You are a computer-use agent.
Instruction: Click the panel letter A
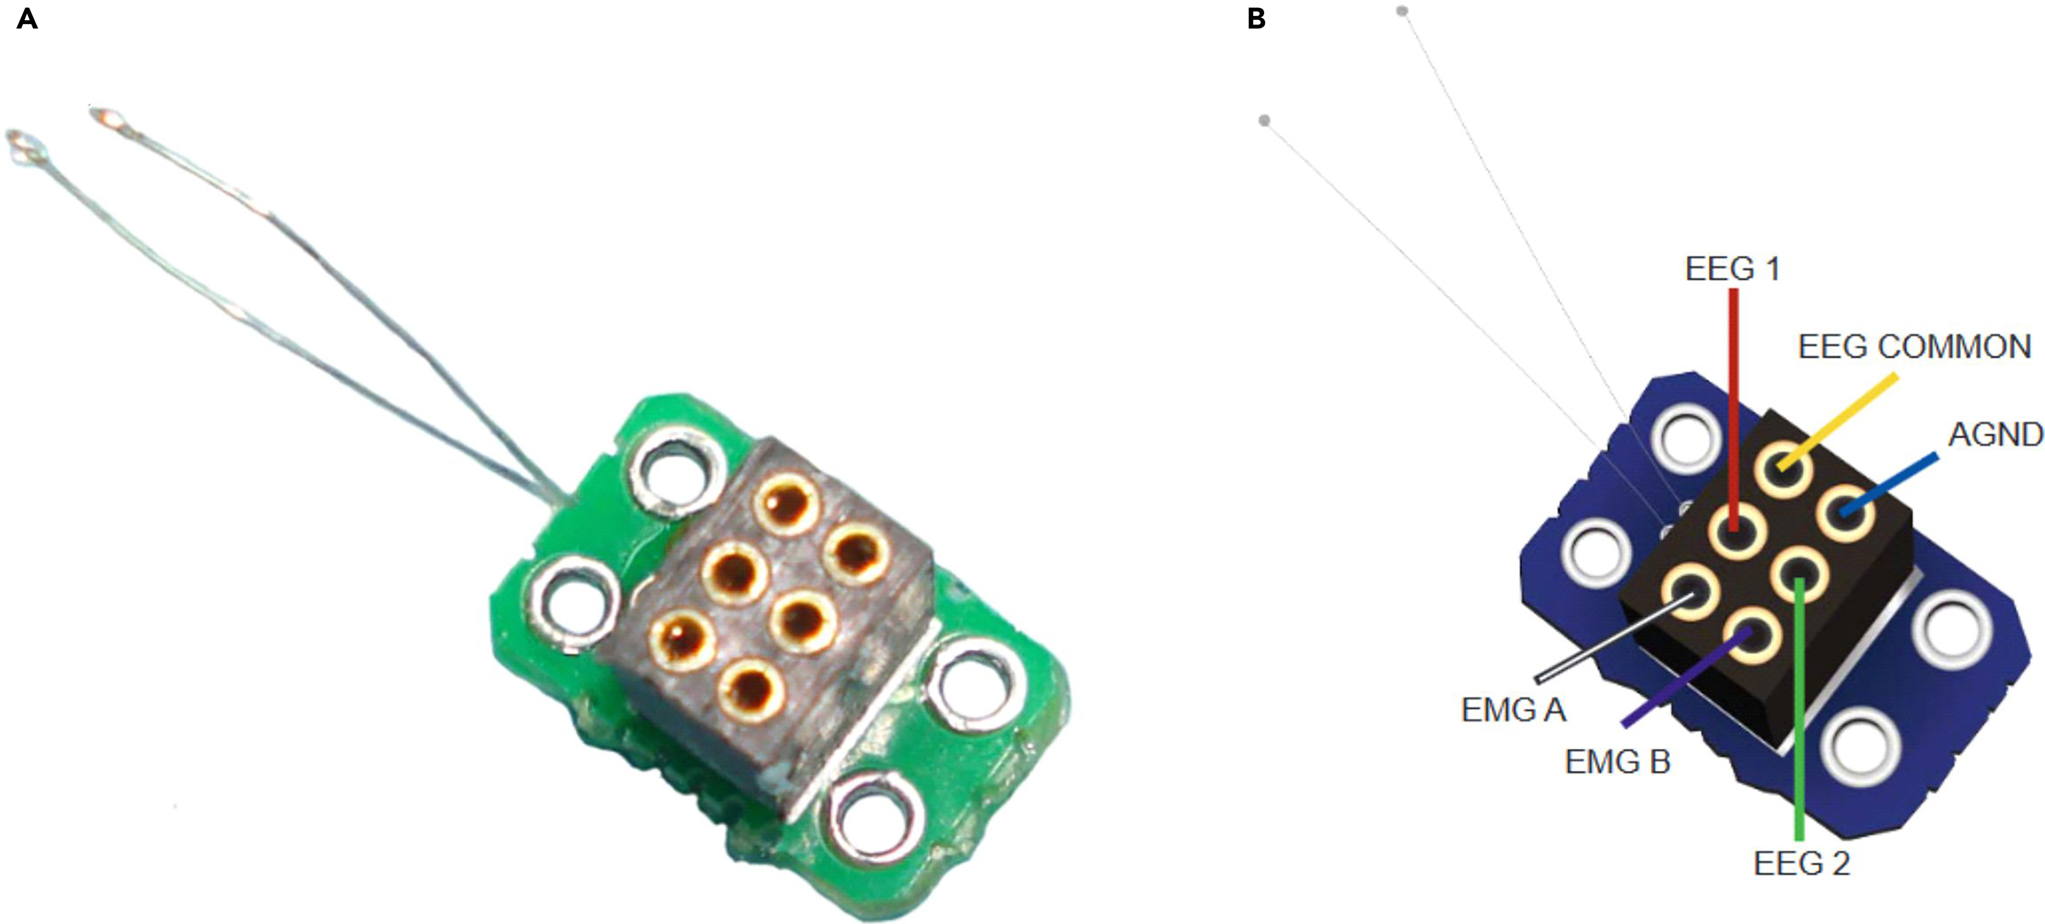pos(26,19)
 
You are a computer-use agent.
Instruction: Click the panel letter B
pos(1256,19)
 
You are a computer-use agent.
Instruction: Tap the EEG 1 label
pos(1732,269)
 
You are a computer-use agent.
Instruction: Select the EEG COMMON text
pos(1914,347)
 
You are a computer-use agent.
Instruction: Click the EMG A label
pos(1513,710)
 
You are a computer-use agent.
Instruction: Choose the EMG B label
pos(1618,762)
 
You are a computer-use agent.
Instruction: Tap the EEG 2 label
pos(1801,863)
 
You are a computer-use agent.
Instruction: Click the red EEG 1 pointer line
pos(1734,397)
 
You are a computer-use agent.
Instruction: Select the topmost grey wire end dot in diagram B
pos(1402,11)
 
